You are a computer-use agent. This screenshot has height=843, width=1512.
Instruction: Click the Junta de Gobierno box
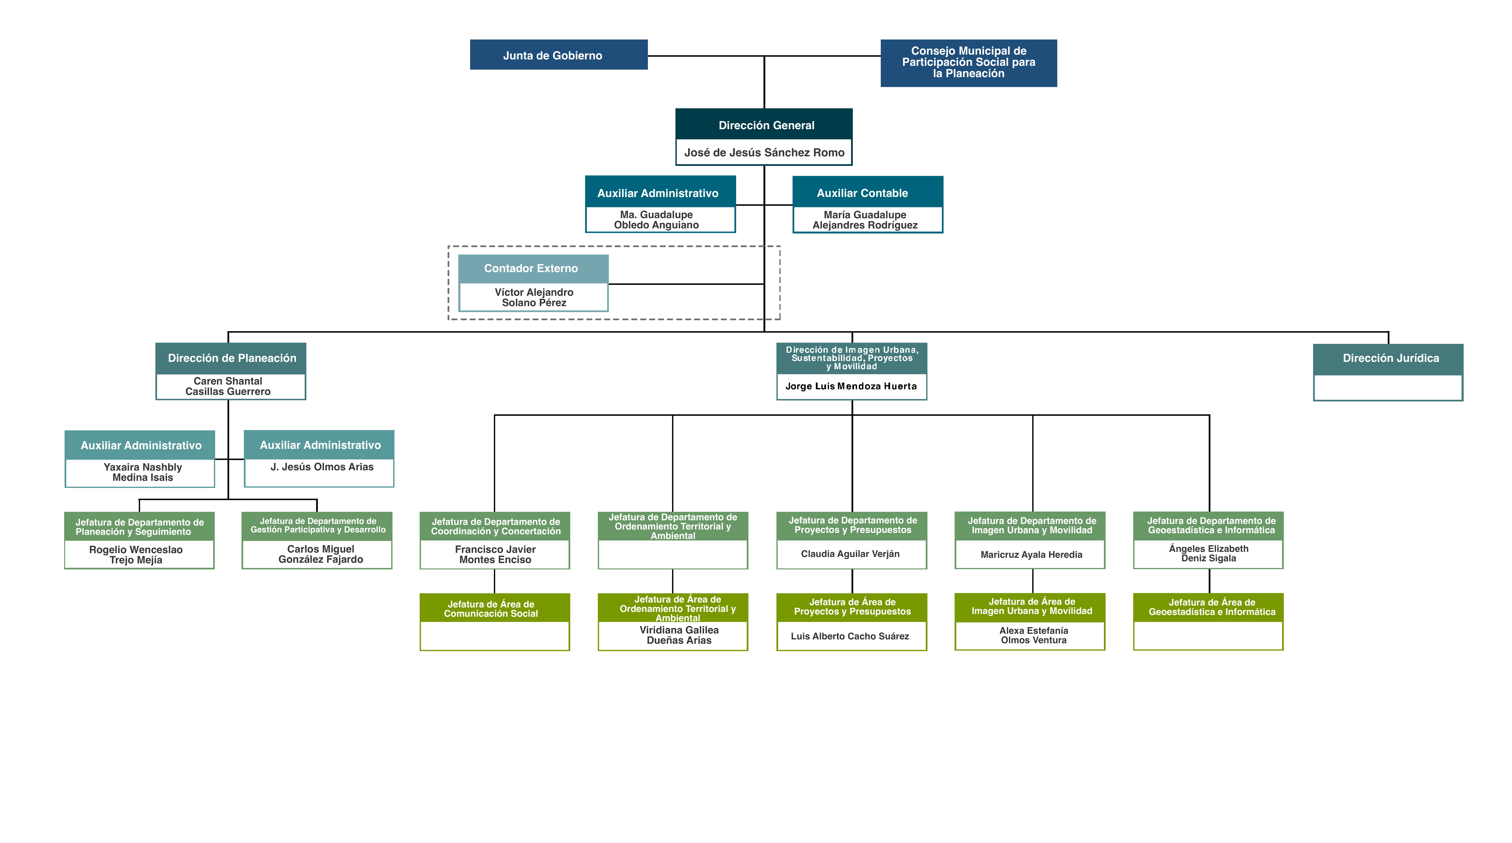coord(559,55)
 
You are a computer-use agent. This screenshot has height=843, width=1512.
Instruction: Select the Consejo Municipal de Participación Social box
coord(968,63)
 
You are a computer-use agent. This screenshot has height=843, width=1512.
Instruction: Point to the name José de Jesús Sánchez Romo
coord(764,153)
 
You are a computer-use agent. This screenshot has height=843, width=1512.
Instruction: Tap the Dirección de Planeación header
coord(231,358)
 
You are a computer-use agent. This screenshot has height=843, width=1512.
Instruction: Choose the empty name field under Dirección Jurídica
coord(1388,387)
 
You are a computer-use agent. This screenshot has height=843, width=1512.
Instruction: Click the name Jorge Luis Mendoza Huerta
coord(851,386)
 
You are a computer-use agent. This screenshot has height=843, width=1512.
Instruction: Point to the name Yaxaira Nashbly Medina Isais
coord(143,472)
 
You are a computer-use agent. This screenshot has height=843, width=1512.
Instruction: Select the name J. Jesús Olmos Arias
coord(322,467)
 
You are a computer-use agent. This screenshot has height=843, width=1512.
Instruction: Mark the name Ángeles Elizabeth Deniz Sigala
coord(1209,553)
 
